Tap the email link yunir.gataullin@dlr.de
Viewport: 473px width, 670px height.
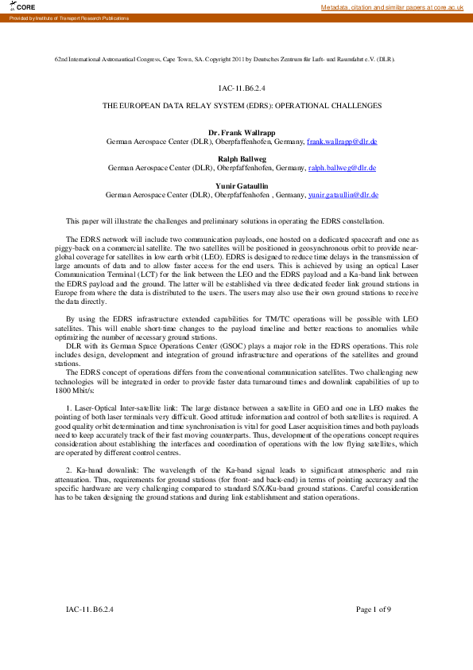coord(343,194)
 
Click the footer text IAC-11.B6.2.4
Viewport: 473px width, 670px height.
coord(90,610)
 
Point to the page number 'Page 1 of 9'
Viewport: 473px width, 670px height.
coord(374,610)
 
